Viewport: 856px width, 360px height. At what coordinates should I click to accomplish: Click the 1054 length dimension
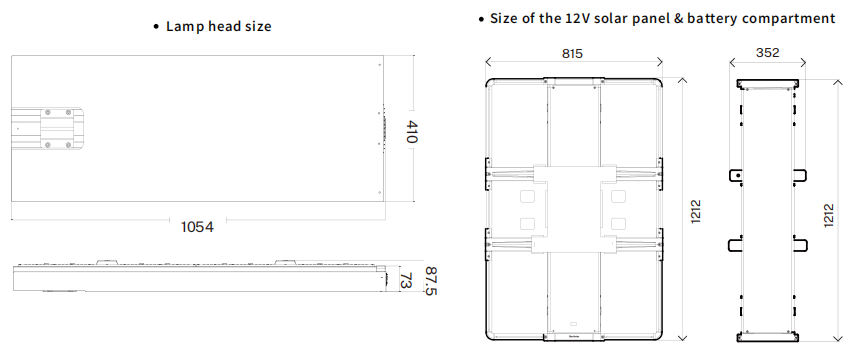pos(197,226)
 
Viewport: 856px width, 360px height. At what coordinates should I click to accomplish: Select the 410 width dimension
pos(411,132)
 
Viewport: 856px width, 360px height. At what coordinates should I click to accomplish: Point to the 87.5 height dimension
pos(431,281)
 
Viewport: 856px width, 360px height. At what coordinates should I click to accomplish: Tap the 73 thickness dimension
pos(406,280)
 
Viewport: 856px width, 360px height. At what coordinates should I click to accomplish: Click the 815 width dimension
pos(572,54)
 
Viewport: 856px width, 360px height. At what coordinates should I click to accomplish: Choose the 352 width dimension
pos(768,53)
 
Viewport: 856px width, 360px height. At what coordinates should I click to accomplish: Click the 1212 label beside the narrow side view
pos(829,215)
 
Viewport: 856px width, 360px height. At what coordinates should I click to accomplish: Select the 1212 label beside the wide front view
pos(696,211)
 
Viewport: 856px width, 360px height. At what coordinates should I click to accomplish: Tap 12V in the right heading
pos(575,18)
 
